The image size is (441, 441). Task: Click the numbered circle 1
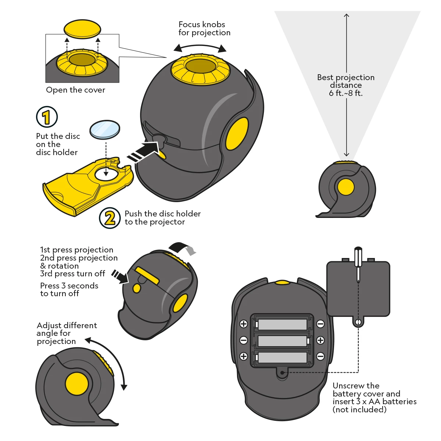[47, 117]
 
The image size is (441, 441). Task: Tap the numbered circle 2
[110, 218]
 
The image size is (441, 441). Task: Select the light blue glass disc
[105, 130]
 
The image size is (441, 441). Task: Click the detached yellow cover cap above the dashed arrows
[82, 29]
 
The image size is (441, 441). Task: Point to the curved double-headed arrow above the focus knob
[200, 47]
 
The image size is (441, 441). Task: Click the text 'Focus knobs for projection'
[204, 29]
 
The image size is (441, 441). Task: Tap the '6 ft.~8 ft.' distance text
[345, 93]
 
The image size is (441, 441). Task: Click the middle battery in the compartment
[282, 341]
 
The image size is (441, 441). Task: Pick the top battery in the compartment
[282, 325]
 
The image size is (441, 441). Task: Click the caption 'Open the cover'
[75, 90]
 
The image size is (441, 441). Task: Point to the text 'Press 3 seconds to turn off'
[69, 290]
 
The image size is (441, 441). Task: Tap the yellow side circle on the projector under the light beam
[345, 187]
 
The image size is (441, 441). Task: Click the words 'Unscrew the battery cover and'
[366, 390]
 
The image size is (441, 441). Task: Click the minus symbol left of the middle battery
[244, 340]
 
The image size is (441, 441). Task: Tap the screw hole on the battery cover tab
[358, 322]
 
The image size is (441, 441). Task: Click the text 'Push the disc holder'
[162, 214]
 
